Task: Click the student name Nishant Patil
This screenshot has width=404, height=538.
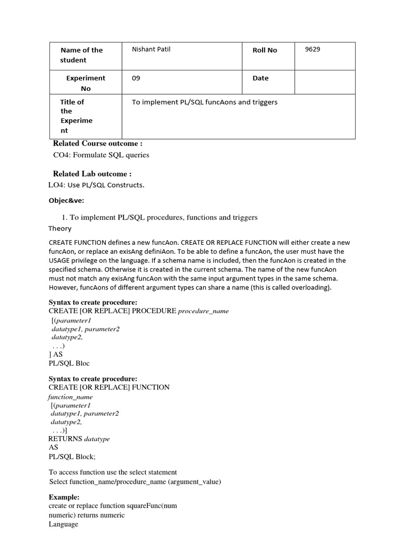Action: (x=151, y=49)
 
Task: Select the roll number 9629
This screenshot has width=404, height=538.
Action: (x=312, y=49)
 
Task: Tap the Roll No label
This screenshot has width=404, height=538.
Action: (x=265, y=50)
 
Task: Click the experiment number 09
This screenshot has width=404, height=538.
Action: (x=136, y=78)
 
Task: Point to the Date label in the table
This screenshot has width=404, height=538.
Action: (x=260, y=78)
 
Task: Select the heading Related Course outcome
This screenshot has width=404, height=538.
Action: (x=97, y=143)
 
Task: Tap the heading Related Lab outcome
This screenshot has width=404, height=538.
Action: (x=92, y=174)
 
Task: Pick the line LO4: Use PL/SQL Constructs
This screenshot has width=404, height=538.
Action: (x=96, y=185)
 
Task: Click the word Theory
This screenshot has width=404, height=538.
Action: (x=60, y=229)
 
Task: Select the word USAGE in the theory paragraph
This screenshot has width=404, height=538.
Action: (x=60, y=261)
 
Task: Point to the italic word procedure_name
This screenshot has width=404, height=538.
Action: (x=204, y=311)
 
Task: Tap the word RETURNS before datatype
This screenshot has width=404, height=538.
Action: (x=65, y=439)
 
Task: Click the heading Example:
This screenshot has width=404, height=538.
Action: (x=64, y=497)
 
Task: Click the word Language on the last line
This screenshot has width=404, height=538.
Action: (x=63, y=524)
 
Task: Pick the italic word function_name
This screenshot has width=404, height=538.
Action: (x=70, y=397)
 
